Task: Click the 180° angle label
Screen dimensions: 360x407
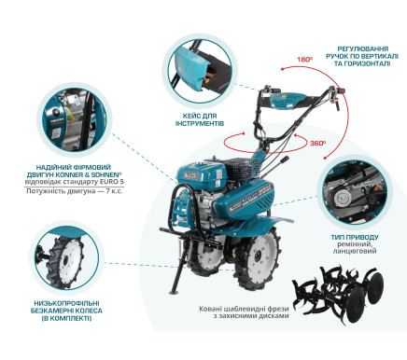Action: (304, 58)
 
